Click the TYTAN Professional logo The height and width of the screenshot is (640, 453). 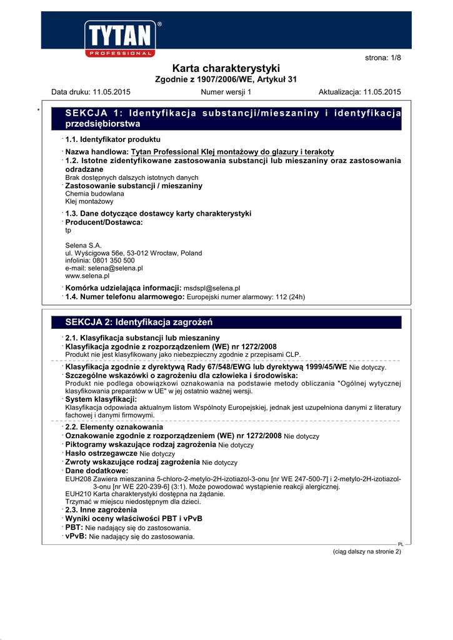[x=122, y=39]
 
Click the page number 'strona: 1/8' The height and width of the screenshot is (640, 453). [x=382, y=58]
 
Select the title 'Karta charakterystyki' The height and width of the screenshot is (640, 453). [x=226, y=68]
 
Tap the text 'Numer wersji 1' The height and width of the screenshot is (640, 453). [x=226, y=92]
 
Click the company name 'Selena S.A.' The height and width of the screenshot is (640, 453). [x=83, y=245]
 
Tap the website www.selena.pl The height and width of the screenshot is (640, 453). [x=87, y=275]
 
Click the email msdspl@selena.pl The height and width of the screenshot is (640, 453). [x=212, y=288]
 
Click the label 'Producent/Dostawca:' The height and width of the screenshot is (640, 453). [x=104, y=222]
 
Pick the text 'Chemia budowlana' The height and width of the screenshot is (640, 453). [x=94, y=194]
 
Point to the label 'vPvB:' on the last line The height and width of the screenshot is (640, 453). [x=76, y=536]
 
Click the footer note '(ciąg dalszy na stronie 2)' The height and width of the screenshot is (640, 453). [x=366, y=551]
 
